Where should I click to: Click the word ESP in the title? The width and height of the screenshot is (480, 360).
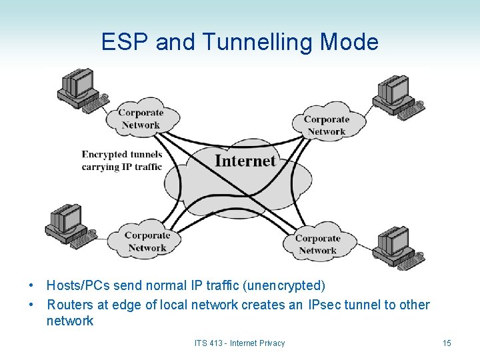click(x=125, y=43)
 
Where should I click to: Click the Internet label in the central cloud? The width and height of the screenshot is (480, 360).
click(x=245, y=161)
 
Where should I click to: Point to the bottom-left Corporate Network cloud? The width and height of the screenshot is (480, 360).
click(x=147, y=241)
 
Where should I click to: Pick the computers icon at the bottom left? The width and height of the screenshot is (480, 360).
click(x=67, y=225)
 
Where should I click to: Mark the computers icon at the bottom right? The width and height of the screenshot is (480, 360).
click(x=397, y=247)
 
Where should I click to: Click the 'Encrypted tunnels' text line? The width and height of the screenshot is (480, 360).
click(x=122, y=155)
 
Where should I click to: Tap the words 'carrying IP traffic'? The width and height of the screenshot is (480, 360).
click(x=122, y=167)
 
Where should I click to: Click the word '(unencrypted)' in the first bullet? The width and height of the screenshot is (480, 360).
click(x=285, y=286)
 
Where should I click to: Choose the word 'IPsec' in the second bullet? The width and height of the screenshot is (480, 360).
click(x=325, y=305)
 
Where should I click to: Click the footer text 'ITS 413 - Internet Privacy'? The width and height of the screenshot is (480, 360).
click(x=239, y=343)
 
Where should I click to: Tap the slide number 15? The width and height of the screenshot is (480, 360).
click(x=447, y=343)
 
